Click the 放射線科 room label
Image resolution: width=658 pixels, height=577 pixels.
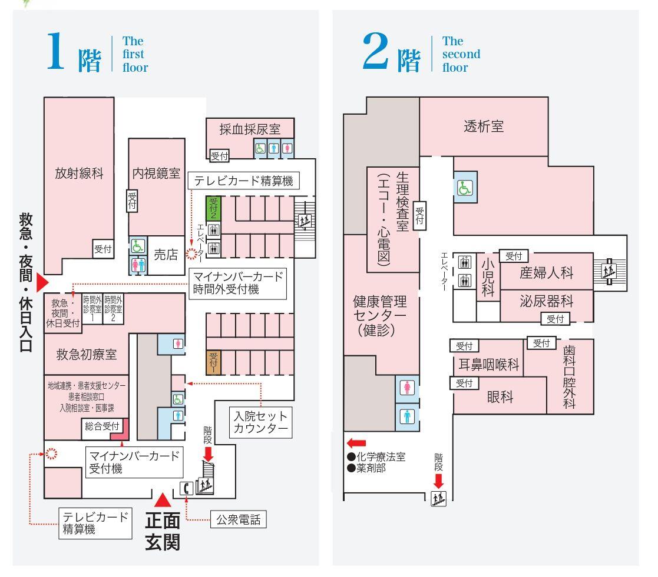coord(79,174)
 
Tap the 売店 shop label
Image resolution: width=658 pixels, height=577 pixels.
coord(166,254)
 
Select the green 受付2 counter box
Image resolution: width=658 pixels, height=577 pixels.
coord(213,208)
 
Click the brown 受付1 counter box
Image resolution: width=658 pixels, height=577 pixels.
coord(213,362)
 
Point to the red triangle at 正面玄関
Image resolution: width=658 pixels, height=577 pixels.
coord(163,499)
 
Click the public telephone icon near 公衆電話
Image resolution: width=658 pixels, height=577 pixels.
coord(186,487)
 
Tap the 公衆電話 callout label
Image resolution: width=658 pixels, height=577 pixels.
coord(238,520)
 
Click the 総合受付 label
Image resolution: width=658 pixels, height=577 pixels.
coord(102,426)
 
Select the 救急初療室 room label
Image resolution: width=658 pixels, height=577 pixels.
coord(87,355)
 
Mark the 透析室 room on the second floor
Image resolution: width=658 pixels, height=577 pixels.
coord(484,126)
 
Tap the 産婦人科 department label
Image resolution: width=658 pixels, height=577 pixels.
coord(546,273)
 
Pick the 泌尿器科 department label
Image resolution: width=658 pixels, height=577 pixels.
coord(546,302)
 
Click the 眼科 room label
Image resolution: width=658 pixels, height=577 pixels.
coord(500,396)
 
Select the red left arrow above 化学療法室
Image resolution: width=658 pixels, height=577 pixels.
coord(356,443)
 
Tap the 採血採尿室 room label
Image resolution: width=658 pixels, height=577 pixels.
coord(249,130)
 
